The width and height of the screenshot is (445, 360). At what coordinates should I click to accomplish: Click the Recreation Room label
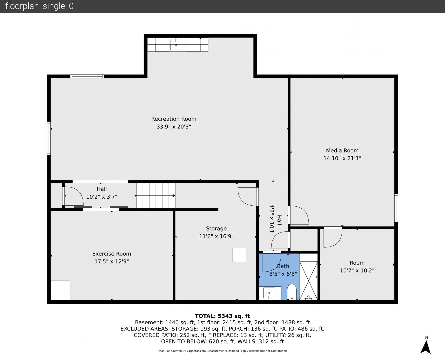coord(174,119)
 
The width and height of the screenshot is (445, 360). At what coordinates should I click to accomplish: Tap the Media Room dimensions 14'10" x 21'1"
coord(342,158)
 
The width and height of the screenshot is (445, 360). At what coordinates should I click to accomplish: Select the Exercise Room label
coord(112,254)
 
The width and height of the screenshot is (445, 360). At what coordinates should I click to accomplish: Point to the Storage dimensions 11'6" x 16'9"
coord(216,236)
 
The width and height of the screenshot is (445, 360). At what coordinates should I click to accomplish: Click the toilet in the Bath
coord(292,292)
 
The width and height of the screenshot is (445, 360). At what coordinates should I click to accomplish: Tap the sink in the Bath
coord(269,293)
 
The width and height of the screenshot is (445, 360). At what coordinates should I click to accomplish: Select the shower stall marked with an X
coord(309,281)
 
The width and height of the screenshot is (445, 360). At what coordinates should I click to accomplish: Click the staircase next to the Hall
coord(156,196)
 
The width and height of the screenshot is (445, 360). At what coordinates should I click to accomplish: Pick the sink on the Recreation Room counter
coord(176,45)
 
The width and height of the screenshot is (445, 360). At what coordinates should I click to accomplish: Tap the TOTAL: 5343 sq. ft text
coord(222,316)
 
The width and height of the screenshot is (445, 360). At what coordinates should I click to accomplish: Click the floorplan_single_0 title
coord(39,6)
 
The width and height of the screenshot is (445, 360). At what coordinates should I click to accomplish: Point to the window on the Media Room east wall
coord(396,208)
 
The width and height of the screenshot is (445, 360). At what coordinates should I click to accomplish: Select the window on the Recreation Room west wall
coord(49,138)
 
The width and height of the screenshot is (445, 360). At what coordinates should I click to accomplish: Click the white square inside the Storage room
coord(239,255)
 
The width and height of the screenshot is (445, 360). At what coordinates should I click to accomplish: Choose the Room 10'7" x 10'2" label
coord(357,267)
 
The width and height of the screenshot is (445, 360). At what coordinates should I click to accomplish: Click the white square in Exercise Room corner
coord(60,290)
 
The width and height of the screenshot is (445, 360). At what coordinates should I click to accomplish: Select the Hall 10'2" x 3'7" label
coord(102,193)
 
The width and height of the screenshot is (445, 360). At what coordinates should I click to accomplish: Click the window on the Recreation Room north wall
coord(87,76)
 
